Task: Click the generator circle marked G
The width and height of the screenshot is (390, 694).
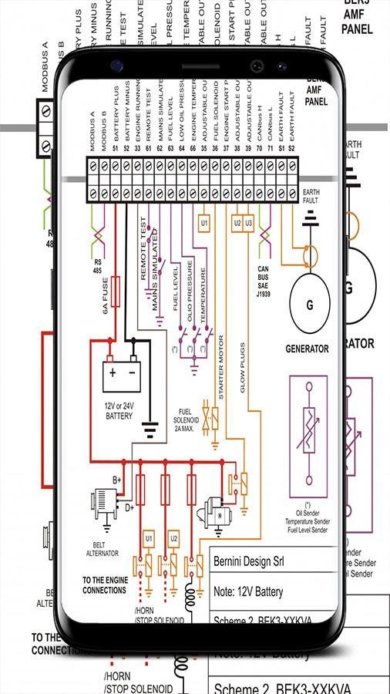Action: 310,304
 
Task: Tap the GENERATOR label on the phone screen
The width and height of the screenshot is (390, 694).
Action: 307,349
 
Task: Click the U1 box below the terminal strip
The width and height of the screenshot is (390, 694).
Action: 204,224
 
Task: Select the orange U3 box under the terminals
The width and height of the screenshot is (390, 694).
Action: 248,224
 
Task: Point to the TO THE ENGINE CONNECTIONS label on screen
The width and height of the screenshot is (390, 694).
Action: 104,585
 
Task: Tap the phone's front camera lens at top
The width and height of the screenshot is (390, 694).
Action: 254,66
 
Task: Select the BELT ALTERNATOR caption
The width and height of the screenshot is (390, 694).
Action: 104,547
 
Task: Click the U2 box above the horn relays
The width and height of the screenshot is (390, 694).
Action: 174,537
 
